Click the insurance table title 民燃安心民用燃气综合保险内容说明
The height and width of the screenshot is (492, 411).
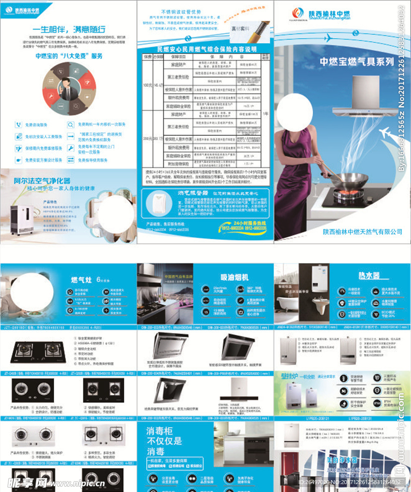(206, 49)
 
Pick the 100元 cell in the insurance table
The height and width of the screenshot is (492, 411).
(147, 85)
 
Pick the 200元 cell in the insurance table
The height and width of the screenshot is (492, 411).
(147, 139)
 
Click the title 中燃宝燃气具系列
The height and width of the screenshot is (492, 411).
(356, 62)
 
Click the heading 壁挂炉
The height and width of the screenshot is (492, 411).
(290, 377)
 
